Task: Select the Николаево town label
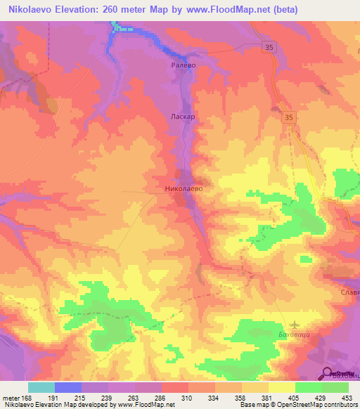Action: coord(184,189)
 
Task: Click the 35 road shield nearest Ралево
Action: coord(270,46)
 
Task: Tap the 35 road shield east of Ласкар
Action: coord(289,118)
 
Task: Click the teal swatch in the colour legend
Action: coord(41,387)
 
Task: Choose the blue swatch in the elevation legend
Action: coord(68,387)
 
